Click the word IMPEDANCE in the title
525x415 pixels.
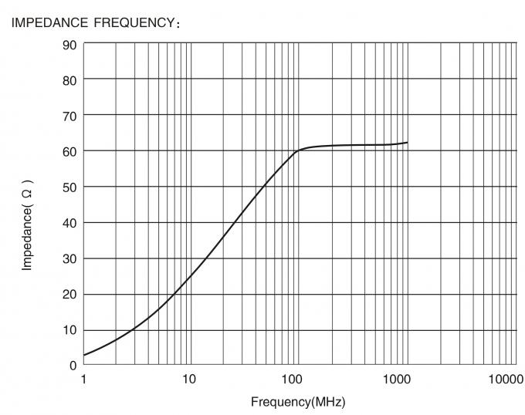coord(44,22)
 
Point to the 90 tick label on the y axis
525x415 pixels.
coord(69,44)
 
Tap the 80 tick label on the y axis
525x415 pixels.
coord(69,79)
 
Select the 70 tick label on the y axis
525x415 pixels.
coord(69,115)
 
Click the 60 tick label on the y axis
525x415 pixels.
coord(69,151)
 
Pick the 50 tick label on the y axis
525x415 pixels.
coord(69,187)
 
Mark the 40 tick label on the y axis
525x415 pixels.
coord(69,222)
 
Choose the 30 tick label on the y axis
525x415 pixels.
coord(69,258)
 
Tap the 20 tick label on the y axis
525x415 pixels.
coord(69,294)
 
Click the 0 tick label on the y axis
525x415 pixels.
coord(73,365)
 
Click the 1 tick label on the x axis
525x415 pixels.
coord(83,380)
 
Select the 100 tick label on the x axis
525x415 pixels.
coord(292,380)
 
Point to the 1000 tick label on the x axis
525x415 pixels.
coord(396,380)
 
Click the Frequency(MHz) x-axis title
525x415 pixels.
coord(297,403)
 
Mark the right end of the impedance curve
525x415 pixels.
coord(407,143)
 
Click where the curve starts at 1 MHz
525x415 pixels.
coord(84,355)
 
